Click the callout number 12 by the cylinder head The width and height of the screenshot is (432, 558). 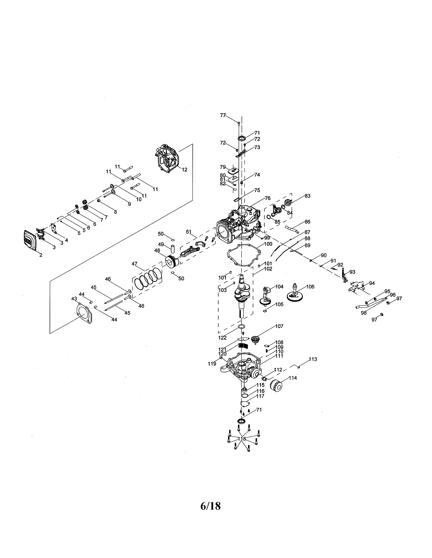pyautogui.click(x=184, y=170)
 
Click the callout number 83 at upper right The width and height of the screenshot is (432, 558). pyautogui.click(x=307, y=196)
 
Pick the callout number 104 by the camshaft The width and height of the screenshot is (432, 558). pyautogui.click(x=279, y=287)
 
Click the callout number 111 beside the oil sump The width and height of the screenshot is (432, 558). pyautogui.click(x=279, y=356)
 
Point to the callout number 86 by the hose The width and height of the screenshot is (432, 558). pyautogui.click(x=307, y=222)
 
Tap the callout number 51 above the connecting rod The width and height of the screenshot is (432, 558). pyautogui.click(x=189, y=232)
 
